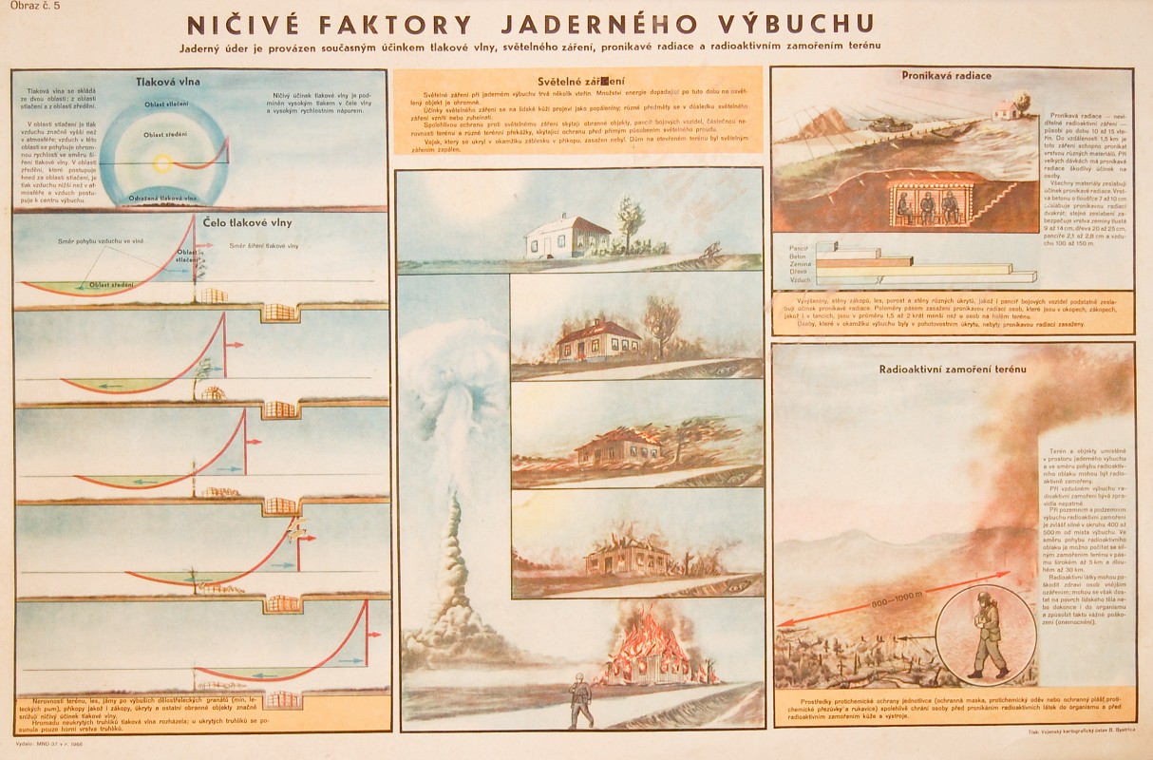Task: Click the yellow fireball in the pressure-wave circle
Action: pyautogui.click(x=162, y=163)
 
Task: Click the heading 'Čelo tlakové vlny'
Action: pyautogui.click(x=247, y=222)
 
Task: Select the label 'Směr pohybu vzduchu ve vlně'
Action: pyautogui.click(x=99, y=241)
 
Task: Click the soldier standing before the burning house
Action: pyautogui.click(x=579, y=701)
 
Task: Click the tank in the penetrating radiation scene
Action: pyautogui.click(x=886, y=122)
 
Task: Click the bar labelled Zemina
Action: pyautogui.click(x=864, y=261)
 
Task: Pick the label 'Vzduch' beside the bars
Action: pyautogui.click(x=801, y=279)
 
